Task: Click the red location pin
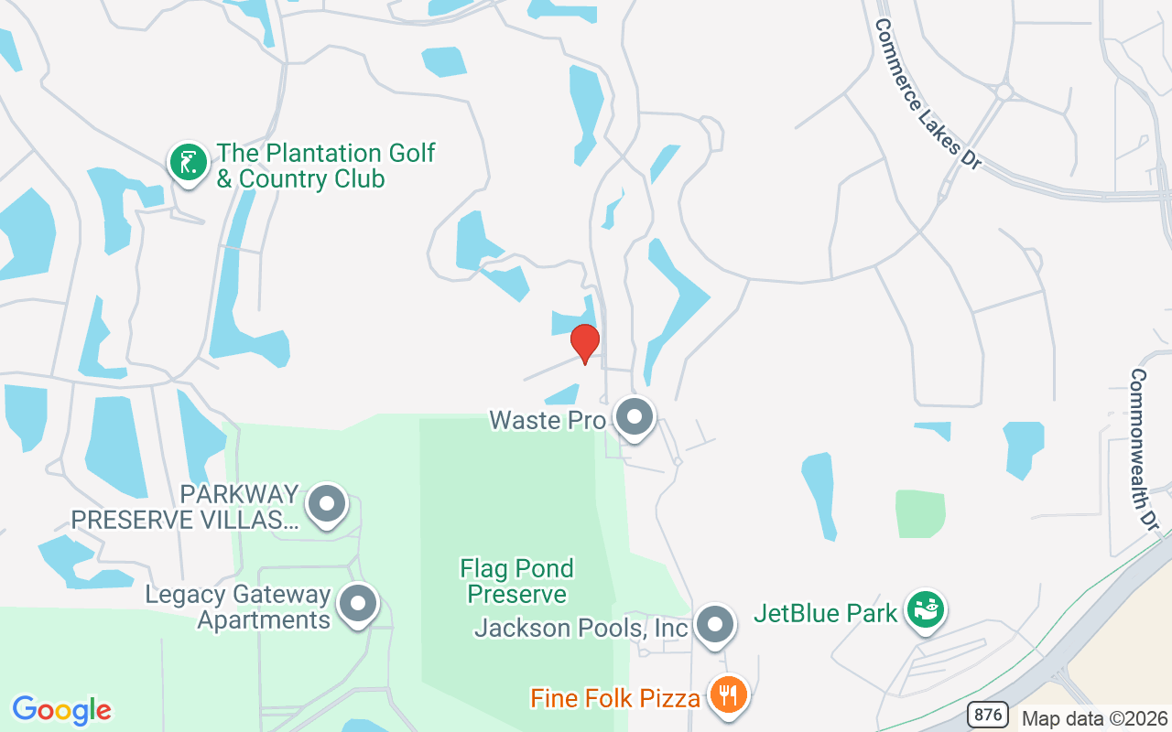tap(584, 343)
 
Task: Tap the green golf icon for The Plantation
tap(188, 162)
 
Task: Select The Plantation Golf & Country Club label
tap(325, 166)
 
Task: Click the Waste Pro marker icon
tap(634, 417)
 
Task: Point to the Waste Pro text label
tap(548, 420)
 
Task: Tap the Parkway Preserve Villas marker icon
tap(326, 504)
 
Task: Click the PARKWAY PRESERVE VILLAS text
tap(185, 508)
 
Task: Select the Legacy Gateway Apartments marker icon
tap(357, 604)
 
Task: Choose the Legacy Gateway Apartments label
tap(238, 608)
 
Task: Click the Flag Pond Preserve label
tap(516, 581)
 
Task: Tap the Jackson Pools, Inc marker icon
tap(714, 626)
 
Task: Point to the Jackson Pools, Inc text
tap(581, 629)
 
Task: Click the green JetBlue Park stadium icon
tap(926, 610)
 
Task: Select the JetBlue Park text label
tap(825, 613)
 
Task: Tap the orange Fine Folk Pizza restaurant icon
tap(729, 695)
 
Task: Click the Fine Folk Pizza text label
tap(615, 699)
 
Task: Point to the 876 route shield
tap(988, 714)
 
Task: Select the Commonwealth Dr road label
tap(1145, 448)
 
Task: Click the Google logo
tap(61, 710)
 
